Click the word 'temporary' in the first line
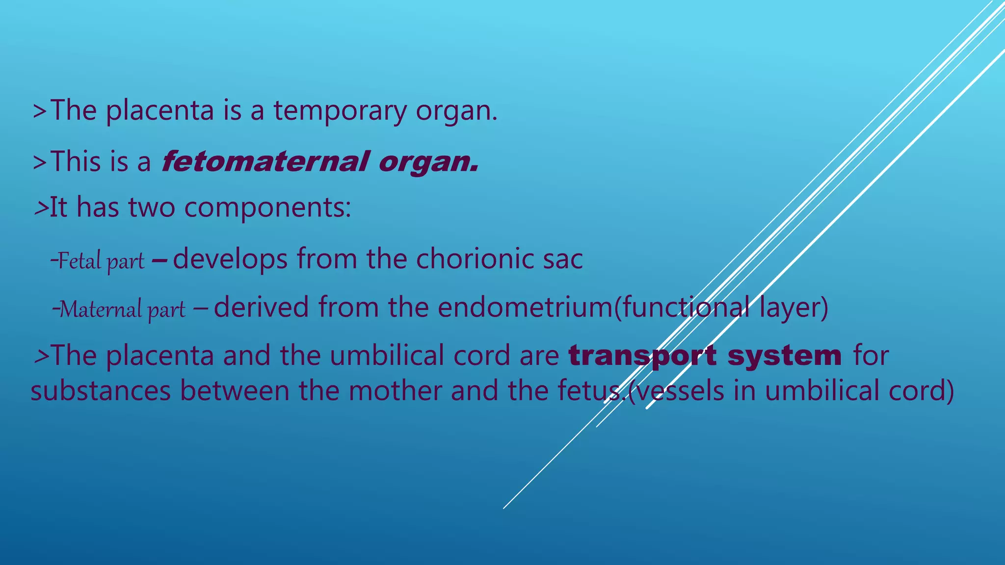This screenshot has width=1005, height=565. pyautogui.click(x=340, y=111)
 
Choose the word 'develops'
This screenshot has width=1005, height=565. pyautogui.click(x=230, y=259)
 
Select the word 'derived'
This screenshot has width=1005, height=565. pyautogui.click(x=261, y=308)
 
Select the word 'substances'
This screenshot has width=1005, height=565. pyautogui.click(x=101, y=391)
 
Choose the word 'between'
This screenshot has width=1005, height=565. pyautogui.click(x=235, y=391)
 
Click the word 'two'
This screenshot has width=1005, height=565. pyautogui.click(x=152, y=207)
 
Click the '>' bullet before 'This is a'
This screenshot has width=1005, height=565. pyautogui.click(x=39, y=162)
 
